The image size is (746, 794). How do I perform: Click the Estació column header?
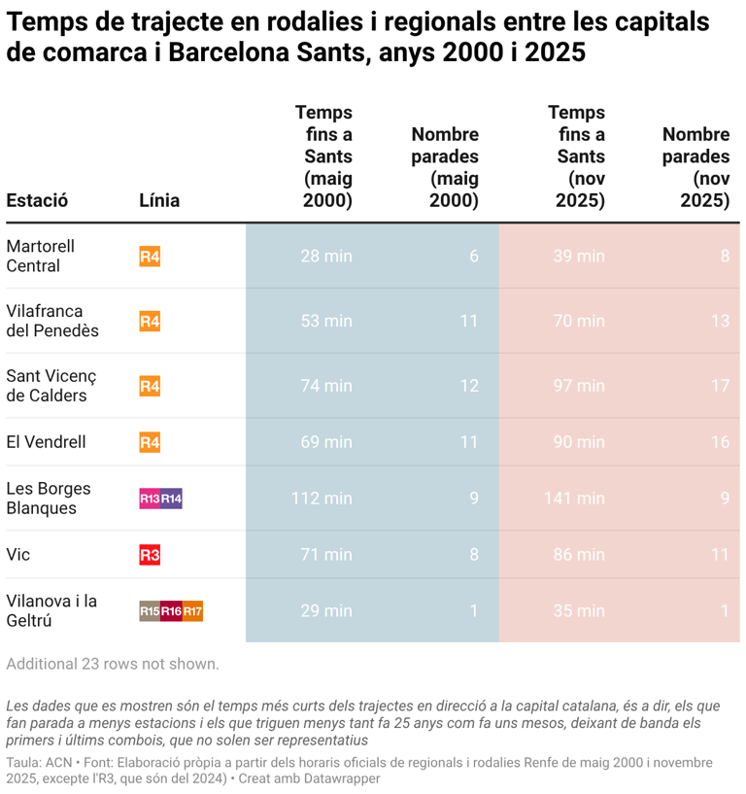point(37,200)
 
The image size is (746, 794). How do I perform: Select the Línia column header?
point(159,200)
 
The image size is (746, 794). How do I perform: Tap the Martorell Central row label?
point(41,256)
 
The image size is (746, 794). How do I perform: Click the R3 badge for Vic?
point(150,555)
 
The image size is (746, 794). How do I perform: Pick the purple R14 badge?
point(172,500)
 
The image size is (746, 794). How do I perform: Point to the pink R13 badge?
point(150,500)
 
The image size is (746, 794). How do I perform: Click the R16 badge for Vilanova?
point(171,611)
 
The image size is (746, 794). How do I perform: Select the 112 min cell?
point(322,499)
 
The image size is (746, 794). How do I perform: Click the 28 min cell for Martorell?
point(326,256)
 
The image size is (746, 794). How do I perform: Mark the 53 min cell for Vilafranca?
point(326,321)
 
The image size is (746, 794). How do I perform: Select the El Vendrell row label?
point(47,442)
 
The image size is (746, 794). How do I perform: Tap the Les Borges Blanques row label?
point(41,499)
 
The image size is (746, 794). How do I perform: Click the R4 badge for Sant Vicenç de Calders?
point(150,386)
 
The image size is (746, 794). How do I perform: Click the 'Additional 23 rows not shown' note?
point(113,664)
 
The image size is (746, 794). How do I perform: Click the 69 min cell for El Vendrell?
point(326,442)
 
